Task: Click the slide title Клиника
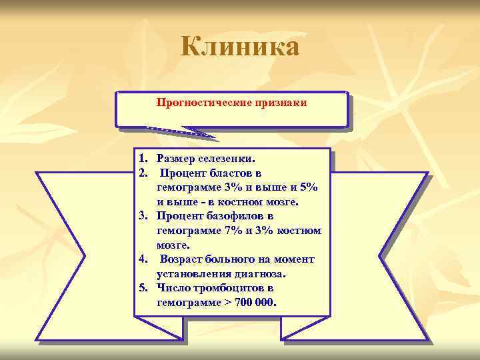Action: tap(240, 47)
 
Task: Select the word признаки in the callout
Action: tap(281, 103)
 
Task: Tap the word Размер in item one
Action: tap(175, 159)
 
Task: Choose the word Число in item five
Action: tap(172, 288)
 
